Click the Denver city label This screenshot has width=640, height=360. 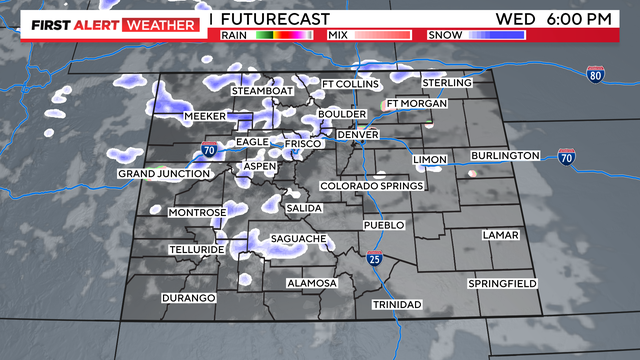[358, 134]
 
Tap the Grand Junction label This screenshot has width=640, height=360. [164, 174]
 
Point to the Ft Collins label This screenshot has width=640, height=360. [351, 83]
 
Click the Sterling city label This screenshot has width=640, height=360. [446, 81]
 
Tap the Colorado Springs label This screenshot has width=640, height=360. [372, 186]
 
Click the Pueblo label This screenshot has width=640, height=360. [384, 226]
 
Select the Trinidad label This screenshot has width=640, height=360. [397, 304]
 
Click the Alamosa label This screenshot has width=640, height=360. [312, 283]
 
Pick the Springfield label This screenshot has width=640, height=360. [503, 284]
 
